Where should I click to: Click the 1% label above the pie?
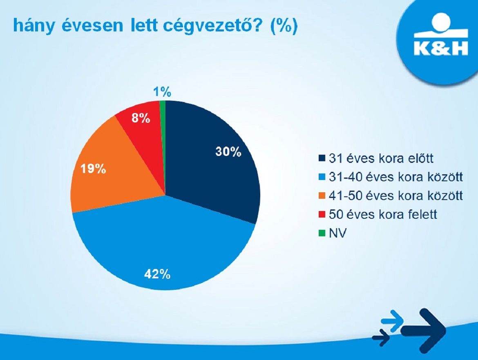pyautogui.click(x=162, y=92)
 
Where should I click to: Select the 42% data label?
pyautogui.click(x=157, y=274)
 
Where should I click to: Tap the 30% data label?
pyautogui.click(x=228, y=151)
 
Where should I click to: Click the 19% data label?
pyautogui.click(x=93, y=169)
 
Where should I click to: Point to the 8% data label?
pyautogui.click(x=141, y=118)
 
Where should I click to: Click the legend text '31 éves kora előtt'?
pyautogui.click(x=381, y=158)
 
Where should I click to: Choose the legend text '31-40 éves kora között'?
pyautogui.click(x=396, y=177)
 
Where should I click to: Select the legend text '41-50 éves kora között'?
pyautogui.click(x=396, y=196)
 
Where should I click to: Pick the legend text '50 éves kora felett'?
pyautogui.click(x=383, y=214)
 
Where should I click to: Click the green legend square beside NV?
pyautogui.click(x=322, y=233)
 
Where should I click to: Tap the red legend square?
pyautogui.click(x=322, y=215)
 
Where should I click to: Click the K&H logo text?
pyautogui.click(x=441, y=48)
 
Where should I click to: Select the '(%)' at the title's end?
pyautogui.click(x=284, y=26)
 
